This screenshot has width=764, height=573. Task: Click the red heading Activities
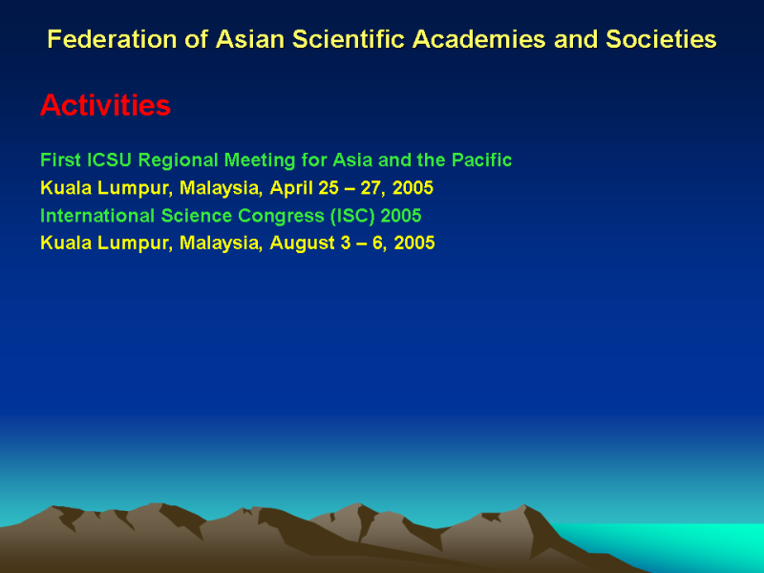click(x=105, y=105)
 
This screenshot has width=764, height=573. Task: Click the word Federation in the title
click(x=112, y=39)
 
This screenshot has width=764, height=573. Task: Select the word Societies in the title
click(x=661, y=39)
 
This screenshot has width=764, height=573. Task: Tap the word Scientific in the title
click(x=348, y=39)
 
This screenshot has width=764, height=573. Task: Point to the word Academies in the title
click(x=478, y=39)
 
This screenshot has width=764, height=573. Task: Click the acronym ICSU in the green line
click(x=109, y=159)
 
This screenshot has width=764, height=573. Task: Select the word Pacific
click(x=481, y=159)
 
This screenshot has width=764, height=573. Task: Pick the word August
click(x=302, y=244)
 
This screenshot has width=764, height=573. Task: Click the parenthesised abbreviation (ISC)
click(x=352, y=216)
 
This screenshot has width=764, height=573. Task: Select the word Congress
click(x=281, y=217)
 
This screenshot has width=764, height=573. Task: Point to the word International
click(x=97, y=216)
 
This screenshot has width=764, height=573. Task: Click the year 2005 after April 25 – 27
click(x=413, y=188)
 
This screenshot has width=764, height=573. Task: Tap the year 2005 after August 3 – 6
click(x=414, y=243)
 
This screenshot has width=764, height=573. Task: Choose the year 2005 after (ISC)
click(x=401, y=216)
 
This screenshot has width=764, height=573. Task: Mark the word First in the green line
click(x=60, y=159)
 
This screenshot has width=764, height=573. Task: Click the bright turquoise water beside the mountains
click(x=682, y=543)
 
